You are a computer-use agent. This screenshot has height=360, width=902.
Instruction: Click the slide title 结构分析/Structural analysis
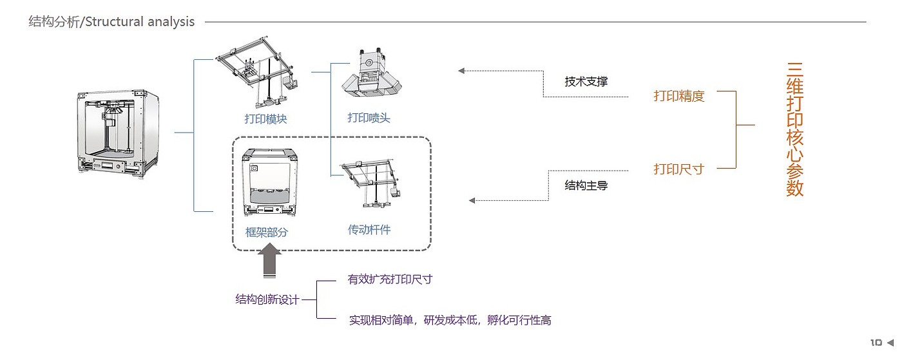click(111, 22)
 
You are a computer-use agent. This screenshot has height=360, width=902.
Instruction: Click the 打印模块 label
click(265, 118)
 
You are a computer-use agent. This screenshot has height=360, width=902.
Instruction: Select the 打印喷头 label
click(369, 118)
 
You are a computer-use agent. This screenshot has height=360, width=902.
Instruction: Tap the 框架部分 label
click(266, 232)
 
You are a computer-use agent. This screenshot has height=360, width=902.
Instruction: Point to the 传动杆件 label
click(369, 229)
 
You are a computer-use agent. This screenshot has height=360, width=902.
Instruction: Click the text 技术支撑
click(586, 82)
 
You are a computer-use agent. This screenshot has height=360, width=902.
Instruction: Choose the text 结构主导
click(586, 186)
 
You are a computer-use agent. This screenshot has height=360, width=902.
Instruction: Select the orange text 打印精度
click(679, 97)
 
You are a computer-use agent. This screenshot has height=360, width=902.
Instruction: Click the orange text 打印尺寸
click(679, 169)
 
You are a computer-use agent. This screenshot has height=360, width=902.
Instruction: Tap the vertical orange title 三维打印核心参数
click(794, 129)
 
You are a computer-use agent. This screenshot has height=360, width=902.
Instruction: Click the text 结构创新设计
click(267, 299)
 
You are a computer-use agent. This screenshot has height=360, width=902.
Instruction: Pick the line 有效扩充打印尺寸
click(390, 279)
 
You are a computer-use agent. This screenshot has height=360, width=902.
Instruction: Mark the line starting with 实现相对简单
click(450, 320)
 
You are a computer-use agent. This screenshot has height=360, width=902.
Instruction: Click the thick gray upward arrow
click(269, 263)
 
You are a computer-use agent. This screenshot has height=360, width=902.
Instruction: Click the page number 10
click(876, 343)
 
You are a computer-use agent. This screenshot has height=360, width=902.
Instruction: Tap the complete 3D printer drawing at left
click(118, 132)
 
